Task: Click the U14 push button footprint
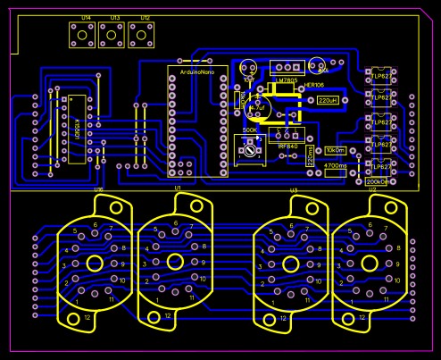tap(82, 35)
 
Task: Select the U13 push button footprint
tap(112, 35)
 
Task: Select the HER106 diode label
tap(314, 86)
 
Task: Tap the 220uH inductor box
tap(329, 101)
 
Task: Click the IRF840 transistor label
tap(288, 146)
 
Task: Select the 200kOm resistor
tap(377, 181)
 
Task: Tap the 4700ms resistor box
tap(336, 165)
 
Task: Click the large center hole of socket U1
tap(175, 261)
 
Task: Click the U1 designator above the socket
tap(178, 189)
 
